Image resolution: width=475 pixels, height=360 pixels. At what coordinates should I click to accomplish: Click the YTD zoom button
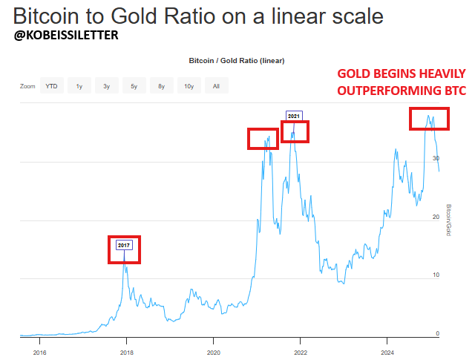[51, 86]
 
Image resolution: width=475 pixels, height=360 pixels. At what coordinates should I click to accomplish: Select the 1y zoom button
[79, 86]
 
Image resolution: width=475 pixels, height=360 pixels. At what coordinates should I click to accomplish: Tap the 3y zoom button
[106, 86]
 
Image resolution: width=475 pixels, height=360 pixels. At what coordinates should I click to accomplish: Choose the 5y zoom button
[134, 86]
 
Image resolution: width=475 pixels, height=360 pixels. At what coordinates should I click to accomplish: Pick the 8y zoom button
[161, 86]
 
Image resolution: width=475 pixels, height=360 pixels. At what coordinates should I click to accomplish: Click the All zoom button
[216, 86]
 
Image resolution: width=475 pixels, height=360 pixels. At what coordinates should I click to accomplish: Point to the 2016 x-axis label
[40, 352]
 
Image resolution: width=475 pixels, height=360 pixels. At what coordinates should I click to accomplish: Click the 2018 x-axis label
[127, 352]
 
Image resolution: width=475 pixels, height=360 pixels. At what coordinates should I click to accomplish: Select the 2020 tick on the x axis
[214, 352]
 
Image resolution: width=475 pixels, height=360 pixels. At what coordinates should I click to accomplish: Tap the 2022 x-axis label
[301, 352]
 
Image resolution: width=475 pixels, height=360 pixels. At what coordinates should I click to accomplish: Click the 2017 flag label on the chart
[124, 244]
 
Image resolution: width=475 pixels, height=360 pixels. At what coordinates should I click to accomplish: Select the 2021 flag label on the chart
[294, 117]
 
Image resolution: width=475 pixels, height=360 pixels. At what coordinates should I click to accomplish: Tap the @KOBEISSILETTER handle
[66, 35]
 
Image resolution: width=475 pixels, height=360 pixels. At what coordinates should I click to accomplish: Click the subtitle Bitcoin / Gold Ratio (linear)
[237, 61]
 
